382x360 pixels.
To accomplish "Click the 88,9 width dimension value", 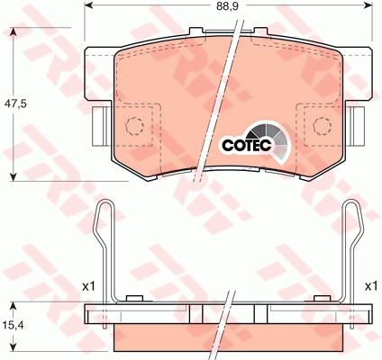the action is click(228, 6).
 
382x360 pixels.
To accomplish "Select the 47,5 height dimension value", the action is click(15, 103).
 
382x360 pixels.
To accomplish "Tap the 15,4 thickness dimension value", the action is click(14, 325).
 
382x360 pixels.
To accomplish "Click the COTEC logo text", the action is click(247, 145).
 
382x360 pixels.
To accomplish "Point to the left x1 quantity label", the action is click(88, 286).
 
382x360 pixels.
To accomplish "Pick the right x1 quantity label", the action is click(370, 286).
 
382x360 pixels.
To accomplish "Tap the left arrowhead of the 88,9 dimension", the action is click(89, 5).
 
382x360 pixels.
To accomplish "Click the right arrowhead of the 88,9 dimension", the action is click(368, 5).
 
